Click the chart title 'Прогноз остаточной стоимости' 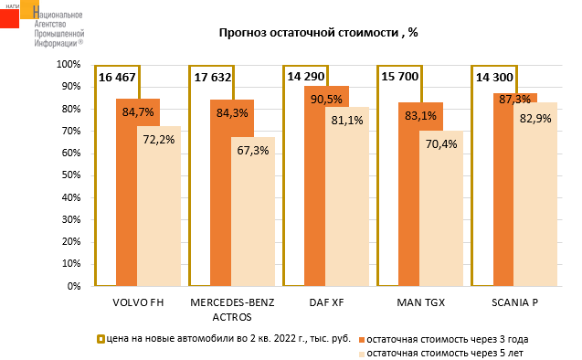point(309,33)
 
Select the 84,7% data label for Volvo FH point(138,111)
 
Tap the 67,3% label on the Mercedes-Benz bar point(253,151)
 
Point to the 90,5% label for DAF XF point(326,99)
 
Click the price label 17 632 point(213,77)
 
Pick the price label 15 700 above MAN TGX point(400,77)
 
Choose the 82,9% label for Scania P point(535,119)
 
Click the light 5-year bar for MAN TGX point(441,208)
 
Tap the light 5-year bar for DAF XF point(347,196)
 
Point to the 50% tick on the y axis point(71,175)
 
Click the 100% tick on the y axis point(69,65)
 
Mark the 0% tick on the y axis point(74,286)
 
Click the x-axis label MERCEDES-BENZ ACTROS point(232,310)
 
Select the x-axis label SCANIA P point(514,302)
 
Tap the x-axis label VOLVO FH point(138,302)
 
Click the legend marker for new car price point(101,339)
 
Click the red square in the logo point(9,18)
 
